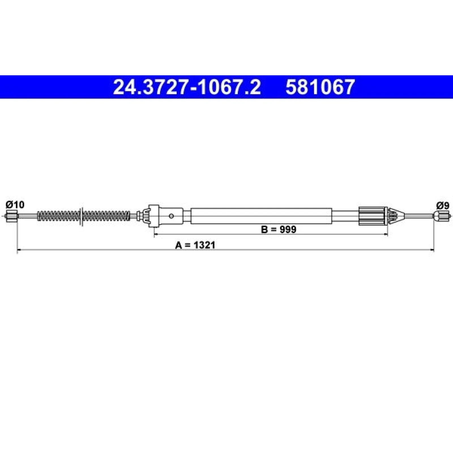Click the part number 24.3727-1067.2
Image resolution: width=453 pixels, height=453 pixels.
click(187, 87)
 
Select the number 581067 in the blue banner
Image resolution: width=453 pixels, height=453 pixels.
click(320, 87)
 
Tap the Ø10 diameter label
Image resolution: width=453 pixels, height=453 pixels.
click(15, 204)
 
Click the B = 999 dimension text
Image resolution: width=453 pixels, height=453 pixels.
click(279, 229)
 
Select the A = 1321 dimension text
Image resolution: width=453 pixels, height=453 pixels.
click(195, 245)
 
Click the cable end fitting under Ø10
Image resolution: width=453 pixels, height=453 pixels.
click(11, 217)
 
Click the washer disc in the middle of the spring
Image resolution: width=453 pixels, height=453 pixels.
click(82, 217)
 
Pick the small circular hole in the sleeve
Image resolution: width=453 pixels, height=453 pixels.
click(171, 216)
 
